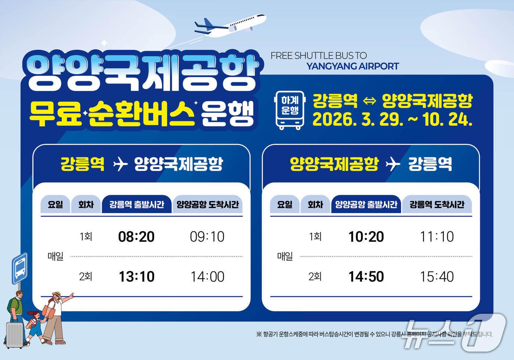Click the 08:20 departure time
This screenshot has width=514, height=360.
[x=136, y=237]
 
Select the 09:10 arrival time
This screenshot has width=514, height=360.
[x=207, y=237]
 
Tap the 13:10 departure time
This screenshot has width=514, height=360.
[x=136, y=277]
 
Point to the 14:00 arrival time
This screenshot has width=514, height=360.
[x=207, y=277]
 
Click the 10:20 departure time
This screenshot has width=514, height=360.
[x=366, y=237]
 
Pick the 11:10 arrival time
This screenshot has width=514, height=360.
[x=437, y=237]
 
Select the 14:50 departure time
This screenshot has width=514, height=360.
[x=366, y=277]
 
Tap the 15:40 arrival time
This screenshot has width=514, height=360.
[x=437, y=277]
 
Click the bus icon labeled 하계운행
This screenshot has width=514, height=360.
[x=290, y=110]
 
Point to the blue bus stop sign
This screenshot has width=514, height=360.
[x=20, y=268]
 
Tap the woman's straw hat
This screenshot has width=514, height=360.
[x=57, y=295]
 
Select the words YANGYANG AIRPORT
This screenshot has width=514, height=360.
[x=352, y=66]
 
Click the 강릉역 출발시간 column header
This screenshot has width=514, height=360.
[x=137, y=205]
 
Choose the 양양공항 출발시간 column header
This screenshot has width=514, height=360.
[x=366, y=205]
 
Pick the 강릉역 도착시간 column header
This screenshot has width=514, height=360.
[x=437, y=205]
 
